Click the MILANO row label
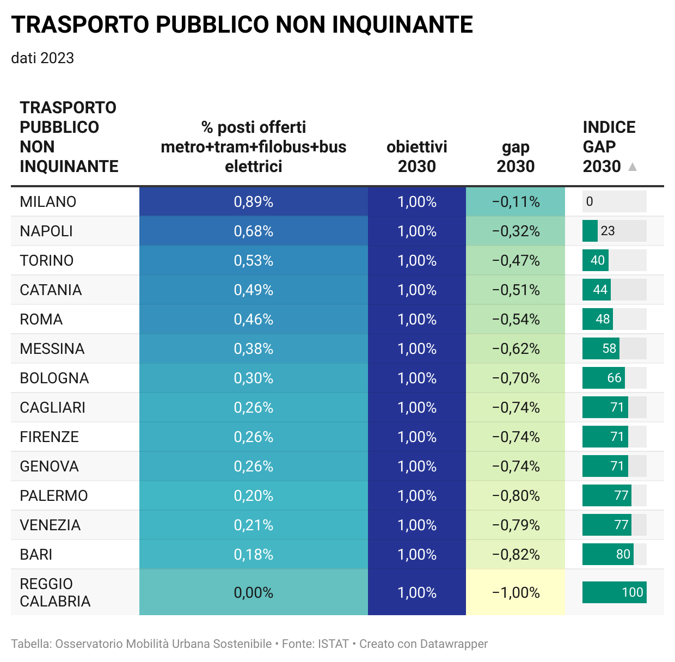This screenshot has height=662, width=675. click(48, 202)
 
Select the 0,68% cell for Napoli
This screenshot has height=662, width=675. click(254, 231)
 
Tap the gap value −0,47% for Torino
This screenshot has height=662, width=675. click(516, 261)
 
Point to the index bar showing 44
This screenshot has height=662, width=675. click(597, 290)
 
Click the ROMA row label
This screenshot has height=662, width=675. click(41, 320)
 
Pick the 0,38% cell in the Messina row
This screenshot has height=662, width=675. click(254, 349)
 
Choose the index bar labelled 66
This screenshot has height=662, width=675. click(603, 378)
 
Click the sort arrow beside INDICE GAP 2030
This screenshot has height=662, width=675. click(633, 167)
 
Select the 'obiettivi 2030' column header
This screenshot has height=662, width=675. click(417, 157)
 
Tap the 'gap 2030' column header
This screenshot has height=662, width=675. click(516, 157)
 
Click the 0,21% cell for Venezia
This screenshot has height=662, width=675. click(254, 525)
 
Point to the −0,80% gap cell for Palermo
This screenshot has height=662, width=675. click(516, 496)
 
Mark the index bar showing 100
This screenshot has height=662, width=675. click(614, 592)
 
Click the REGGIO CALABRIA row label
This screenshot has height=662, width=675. click(55, 592)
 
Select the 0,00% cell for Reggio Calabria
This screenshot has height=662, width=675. click(254, 592)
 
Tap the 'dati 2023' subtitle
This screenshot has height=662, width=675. click(42, 58)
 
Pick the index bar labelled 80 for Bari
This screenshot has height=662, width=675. click(607, 554)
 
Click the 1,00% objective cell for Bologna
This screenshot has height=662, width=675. click(417, 378)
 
